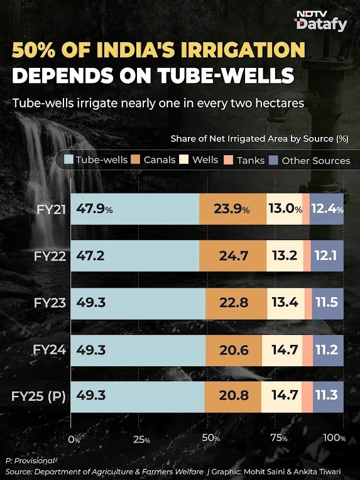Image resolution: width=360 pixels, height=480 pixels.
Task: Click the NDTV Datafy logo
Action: click(x=322, y=21)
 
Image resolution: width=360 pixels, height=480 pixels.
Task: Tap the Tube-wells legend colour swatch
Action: click(x=68, y=160)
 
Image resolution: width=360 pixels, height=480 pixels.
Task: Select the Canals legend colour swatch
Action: click(x=135, y=160)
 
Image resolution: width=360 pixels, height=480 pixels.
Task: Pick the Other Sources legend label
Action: click(x=315, y=160)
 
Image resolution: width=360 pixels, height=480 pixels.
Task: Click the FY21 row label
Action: click(x=51, y=210)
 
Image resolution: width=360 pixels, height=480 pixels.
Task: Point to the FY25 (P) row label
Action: click(x=38, y=396)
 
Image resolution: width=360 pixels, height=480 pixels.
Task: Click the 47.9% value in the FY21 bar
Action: click(x=94, y=209)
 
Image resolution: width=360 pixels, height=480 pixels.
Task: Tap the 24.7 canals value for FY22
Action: click(x=234, y=256)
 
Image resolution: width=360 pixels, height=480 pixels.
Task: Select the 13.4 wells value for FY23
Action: click(x=285, y=302)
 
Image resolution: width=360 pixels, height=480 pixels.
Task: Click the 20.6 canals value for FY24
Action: click(x=234, y=350)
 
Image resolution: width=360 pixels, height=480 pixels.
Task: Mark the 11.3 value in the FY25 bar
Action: click(x=327, y=395)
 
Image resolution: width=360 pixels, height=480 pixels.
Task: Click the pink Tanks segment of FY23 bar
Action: click(x=308, y=303)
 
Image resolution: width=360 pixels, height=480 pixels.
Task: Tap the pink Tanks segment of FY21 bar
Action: click(x=306, y=209)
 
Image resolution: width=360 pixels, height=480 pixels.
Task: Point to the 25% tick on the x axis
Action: click(x=141, y=440)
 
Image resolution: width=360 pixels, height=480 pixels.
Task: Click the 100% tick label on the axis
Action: click(x=334, y=438)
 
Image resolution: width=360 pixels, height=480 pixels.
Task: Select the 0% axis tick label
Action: click(x=74, y=440)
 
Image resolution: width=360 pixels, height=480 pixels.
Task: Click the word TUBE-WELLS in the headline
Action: click(x=226, y=75)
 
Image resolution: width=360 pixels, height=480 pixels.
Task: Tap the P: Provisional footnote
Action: click(x=30, y=461)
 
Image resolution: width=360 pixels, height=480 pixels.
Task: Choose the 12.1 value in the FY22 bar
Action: click(x=326, y=256)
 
